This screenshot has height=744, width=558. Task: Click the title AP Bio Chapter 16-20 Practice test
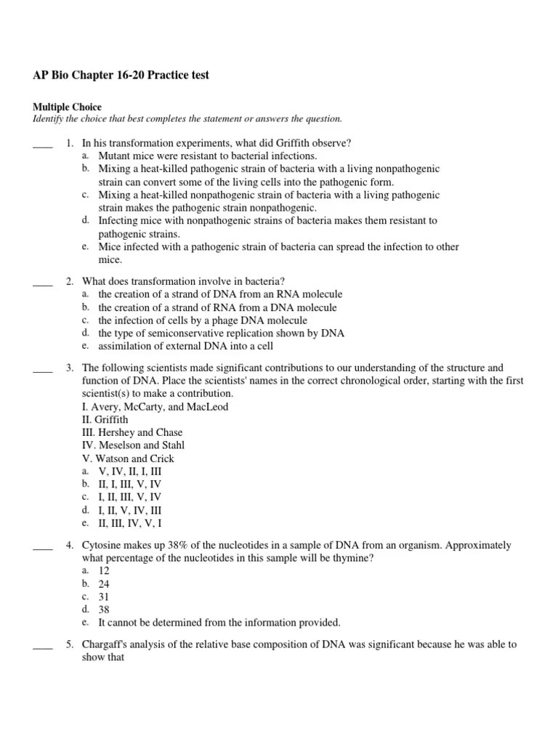[x=121, y=76]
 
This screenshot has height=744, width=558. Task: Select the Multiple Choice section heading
[x=68, y=107]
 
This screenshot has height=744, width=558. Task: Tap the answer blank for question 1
[x=43, y=144]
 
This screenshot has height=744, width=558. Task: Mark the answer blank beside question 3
[x=43, y=369]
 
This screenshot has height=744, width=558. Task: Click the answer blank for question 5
[x=43, y=645]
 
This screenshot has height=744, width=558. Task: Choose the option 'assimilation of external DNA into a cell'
[x=186, y=347]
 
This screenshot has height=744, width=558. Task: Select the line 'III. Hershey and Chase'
[x=132, y=432]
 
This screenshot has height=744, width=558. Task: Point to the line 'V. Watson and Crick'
[x=128, y=458]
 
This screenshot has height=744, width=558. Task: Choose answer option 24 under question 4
[x=104, y=583]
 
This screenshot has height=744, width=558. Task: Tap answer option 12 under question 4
[x=104, y=570]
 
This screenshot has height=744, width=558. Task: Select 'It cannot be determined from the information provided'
[x=219, y=623]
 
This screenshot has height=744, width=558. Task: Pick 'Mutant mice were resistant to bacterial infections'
[x=208, y=156]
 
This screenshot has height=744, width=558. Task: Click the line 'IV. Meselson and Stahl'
[x=133, y=445]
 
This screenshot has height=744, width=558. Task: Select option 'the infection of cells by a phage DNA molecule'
[x=203, y=320]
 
